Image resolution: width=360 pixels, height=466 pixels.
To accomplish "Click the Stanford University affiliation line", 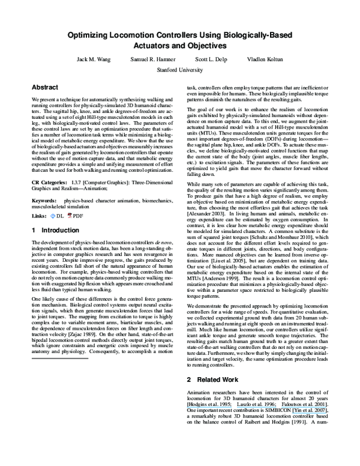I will [x=180, y=69].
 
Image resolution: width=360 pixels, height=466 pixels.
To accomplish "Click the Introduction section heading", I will [x=55, y=231].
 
